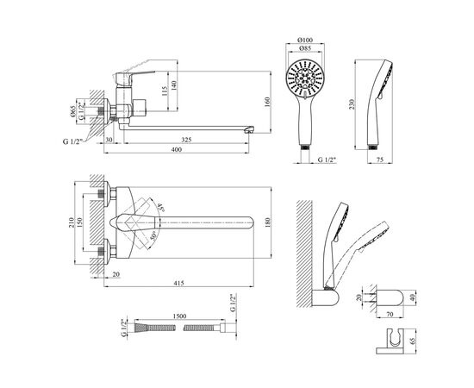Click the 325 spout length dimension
pyautogui.click(x=186, y=140)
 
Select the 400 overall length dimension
pyautogui.click(x=177, y=149)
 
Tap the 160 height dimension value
pyautogui.click(x=267, y=103)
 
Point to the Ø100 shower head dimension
pyautogui.click(x=305, y=40)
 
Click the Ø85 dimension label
pyautogui.click(x=305, y=47)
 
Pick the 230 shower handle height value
pyautogui.click(x=352, y=104)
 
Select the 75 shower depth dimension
pyautogui.click(x=380, y=160)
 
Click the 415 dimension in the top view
pyautogui.click(x=178, y=283)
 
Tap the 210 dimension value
pyautogui.click(x=72, y=222)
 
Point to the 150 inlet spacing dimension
pyautogui.click(x=79, y=222)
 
